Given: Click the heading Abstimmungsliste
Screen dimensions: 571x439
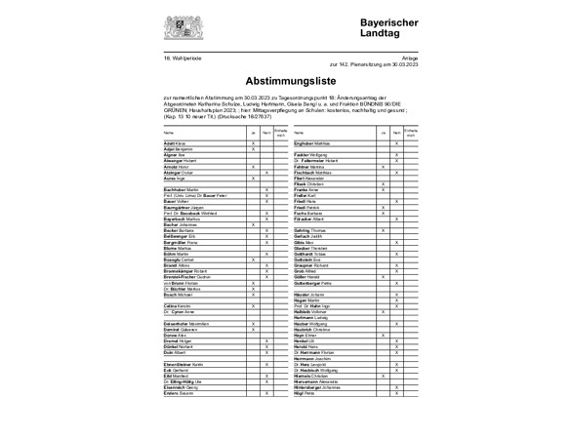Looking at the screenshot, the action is tap(284, 84).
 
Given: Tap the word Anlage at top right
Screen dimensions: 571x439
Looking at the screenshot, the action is tap(397, 57).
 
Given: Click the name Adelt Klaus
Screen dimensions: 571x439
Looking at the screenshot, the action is tap(177, 142).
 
